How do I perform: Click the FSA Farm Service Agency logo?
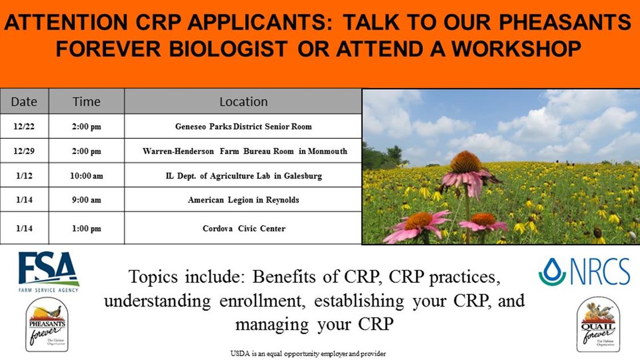click(48, 272)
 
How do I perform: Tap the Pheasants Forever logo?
click(47, 325)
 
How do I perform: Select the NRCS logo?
click(584, 271)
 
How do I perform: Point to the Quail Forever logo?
click(598, 325)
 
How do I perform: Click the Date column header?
click(24, 101)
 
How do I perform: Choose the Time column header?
click(86, 101)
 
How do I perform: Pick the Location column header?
click(243, 101)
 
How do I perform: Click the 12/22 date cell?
click(24, 126)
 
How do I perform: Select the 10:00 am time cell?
click(86, 176)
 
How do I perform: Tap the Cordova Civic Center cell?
click(243, 228)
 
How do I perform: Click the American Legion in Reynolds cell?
click(243, 200)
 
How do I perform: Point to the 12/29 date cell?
click(24, 151)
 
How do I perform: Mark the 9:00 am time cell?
click(86, 200)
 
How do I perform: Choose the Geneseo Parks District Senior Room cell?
click(243, 126)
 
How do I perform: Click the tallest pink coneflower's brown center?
click(466, 162)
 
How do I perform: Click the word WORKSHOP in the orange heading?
click(517, 48)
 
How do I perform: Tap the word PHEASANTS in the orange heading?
click(565, 22)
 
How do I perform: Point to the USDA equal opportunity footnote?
click(308, 354)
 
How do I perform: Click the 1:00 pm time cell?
click(86, 228)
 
